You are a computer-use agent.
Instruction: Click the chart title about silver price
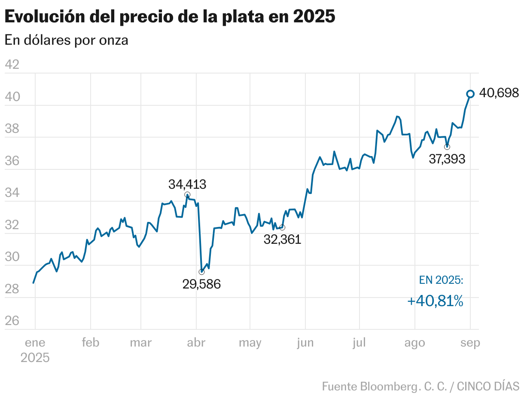169,17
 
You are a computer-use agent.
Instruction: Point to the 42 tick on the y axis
12,65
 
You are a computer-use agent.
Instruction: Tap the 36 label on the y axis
12,161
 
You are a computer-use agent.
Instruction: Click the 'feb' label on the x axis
90,343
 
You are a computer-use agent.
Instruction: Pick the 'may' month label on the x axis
250,343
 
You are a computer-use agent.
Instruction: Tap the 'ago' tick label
414,343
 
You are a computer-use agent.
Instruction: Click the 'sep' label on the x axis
470,343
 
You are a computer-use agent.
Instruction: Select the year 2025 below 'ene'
35,358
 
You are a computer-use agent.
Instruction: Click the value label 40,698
499,93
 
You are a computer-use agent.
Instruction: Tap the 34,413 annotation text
187,184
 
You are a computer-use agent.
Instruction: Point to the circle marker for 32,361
282,227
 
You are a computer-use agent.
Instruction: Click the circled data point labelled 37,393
447,147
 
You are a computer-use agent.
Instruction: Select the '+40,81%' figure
435,301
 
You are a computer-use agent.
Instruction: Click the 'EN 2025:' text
441,280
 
